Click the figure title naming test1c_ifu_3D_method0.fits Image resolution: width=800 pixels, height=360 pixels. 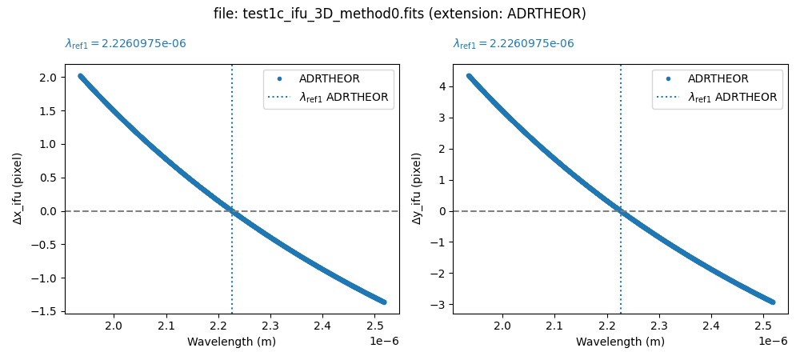(399, 14)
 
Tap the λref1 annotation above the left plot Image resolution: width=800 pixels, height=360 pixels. (126, 44)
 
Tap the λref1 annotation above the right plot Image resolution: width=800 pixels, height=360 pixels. (514, 44)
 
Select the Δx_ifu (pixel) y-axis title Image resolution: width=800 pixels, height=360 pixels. (18, 188)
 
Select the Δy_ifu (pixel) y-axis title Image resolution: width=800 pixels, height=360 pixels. (417, 188)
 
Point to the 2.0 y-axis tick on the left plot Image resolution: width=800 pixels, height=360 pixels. (46, 78)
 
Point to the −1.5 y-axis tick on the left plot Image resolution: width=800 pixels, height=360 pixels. (43, 311)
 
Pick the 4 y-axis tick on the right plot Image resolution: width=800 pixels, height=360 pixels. (439, 86)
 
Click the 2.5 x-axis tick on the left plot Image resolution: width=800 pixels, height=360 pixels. (374, 326)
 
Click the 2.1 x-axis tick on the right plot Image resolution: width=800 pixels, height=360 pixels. (554, 326)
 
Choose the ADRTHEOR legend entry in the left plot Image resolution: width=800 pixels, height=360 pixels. (329, 78)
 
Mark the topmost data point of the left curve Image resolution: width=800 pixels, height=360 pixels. (80, 76)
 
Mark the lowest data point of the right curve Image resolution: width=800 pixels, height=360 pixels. (773, 302)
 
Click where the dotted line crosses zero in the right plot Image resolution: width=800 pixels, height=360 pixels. (620, 211)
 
